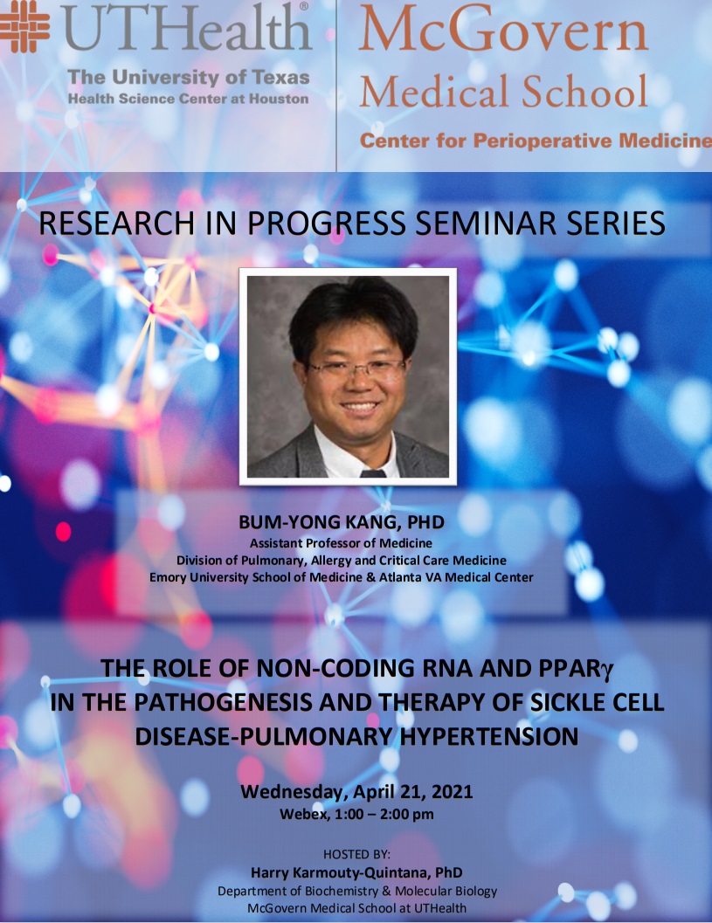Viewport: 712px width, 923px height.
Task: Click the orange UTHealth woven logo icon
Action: tap(24, 26)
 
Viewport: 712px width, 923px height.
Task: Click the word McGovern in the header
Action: tap(503, 29)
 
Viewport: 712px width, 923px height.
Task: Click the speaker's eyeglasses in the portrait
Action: tap(356, 369)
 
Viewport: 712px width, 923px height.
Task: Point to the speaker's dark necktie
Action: tap(373, 472)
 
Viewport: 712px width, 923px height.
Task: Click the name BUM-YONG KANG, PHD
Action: tap(342, 522)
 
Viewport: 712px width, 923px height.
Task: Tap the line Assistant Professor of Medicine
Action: tap(341, 543)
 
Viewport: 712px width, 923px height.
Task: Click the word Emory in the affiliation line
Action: tap(167, 577)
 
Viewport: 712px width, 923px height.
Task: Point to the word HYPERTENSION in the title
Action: tap(490, 736)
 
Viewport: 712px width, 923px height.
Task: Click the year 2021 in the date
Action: tap(453, 791)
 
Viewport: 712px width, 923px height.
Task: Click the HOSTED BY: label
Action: tap(356, 854)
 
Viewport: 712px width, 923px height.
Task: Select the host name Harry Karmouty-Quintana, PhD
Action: tap(356, 872)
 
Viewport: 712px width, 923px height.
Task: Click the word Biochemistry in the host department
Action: tap(342, 892)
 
